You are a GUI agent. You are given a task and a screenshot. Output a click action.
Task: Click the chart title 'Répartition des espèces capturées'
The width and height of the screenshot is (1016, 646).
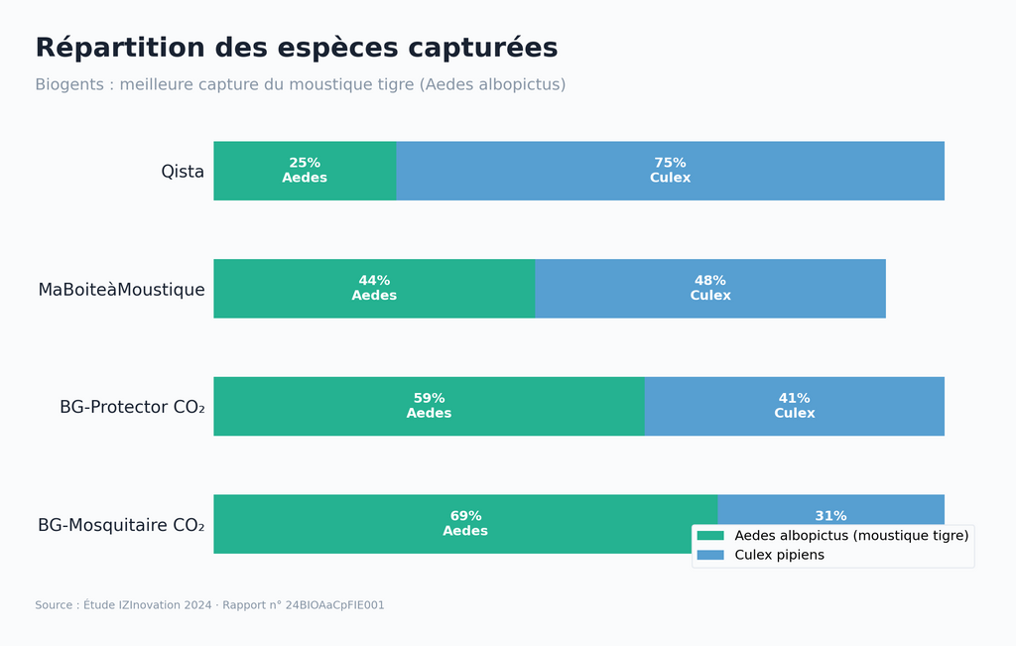296,48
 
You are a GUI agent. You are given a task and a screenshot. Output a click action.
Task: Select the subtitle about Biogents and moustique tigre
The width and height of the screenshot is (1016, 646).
300,85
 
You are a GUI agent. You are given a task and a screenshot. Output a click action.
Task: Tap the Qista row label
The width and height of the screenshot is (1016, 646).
183,172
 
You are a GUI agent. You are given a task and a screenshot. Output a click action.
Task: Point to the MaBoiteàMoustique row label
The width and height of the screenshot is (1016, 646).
121,290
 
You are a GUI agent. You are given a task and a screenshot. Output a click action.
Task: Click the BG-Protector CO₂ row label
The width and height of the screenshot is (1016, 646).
132,407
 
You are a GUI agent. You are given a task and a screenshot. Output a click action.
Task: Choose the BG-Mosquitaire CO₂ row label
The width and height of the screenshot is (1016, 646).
121,525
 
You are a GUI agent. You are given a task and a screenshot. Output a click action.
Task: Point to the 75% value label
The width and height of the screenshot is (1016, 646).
670,163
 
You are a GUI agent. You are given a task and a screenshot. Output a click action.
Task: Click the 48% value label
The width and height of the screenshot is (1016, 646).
710,281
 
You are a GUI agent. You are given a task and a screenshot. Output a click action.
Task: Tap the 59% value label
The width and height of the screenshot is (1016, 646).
429,398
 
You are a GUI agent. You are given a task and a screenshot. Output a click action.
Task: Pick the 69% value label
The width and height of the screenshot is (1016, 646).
465,516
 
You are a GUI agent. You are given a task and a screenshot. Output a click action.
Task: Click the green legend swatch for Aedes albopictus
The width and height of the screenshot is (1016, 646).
710,536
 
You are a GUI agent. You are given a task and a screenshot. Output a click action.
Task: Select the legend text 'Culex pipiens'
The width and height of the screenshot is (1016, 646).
779,556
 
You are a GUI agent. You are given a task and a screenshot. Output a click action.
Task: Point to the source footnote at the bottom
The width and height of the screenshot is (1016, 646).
209,605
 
